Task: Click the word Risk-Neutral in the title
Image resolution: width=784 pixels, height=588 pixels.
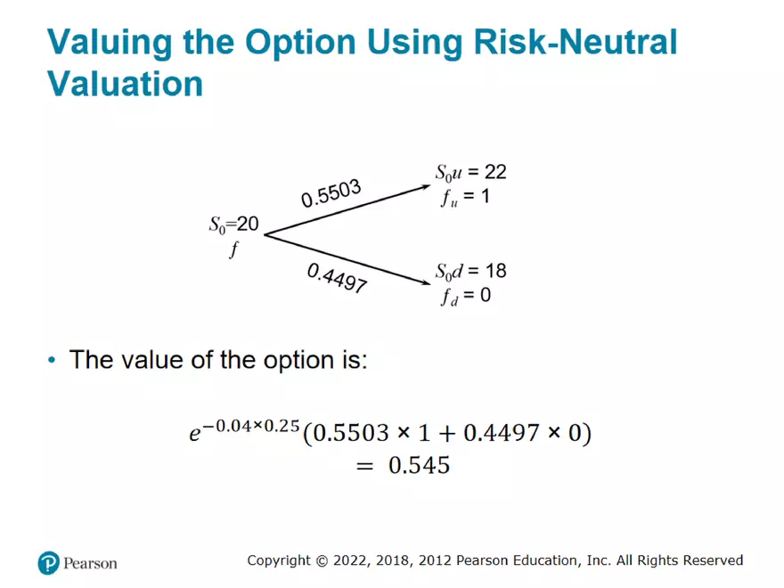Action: point(575,41)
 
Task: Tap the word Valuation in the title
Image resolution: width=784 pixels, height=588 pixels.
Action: point(126,83)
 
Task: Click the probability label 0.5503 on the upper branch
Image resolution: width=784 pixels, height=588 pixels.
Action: point(331,193)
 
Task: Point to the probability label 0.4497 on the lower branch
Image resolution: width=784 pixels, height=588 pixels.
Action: point(337,278)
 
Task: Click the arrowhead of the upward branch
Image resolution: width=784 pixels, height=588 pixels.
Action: point(426,187)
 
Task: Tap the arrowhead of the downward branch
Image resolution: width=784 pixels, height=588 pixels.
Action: point(426,282)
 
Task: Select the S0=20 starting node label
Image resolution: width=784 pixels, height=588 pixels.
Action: point(234,224)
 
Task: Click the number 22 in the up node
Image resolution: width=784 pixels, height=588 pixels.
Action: point(495,172)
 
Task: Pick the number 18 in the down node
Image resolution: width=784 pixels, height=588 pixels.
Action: point(495,271)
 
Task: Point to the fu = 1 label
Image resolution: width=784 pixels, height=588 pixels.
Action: point(465,197)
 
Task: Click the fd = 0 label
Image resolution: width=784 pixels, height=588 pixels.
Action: point(465,296)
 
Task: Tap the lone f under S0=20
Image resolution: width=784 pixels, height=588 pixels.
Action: point(234,249)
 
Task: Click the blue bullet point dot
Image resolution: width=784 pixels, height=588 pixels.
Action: point(52,360)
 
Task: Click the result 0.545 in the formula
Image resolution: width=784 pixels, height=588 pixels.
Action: point(419,465)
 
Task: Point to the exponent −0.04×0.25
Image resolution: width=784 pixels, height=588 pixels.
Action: point(251,426)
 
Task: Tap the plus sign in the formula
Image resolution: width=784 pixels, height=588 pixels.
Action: point(446,434)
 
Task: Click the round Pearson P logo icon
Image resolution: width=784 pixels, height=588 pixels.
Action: point(48,563)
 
